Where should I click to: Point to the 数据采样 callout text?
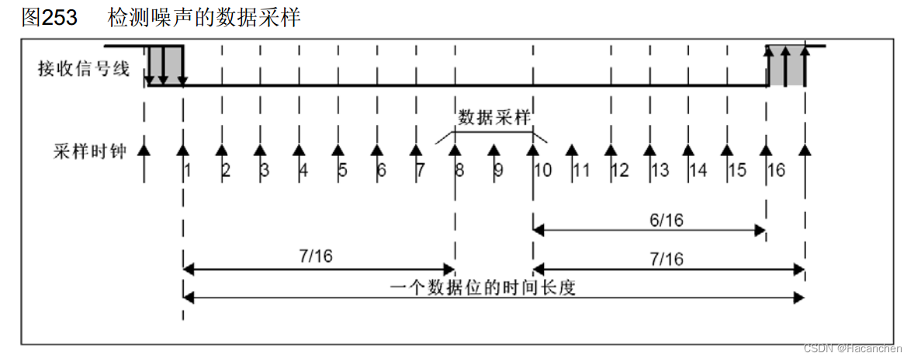tap(493, 118)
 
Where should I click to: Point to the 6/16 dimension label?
tap(666, 220)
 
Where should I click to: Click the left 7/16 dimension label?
tap(315, 257)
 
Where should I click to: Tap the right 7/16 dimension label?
tap(666, 259)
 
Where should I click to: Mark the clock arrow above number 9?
tap(493, 151)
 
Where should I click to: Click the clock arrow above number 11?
tap(572, 151)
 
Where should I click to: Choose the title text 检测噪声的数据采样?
tap(204, 18)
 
